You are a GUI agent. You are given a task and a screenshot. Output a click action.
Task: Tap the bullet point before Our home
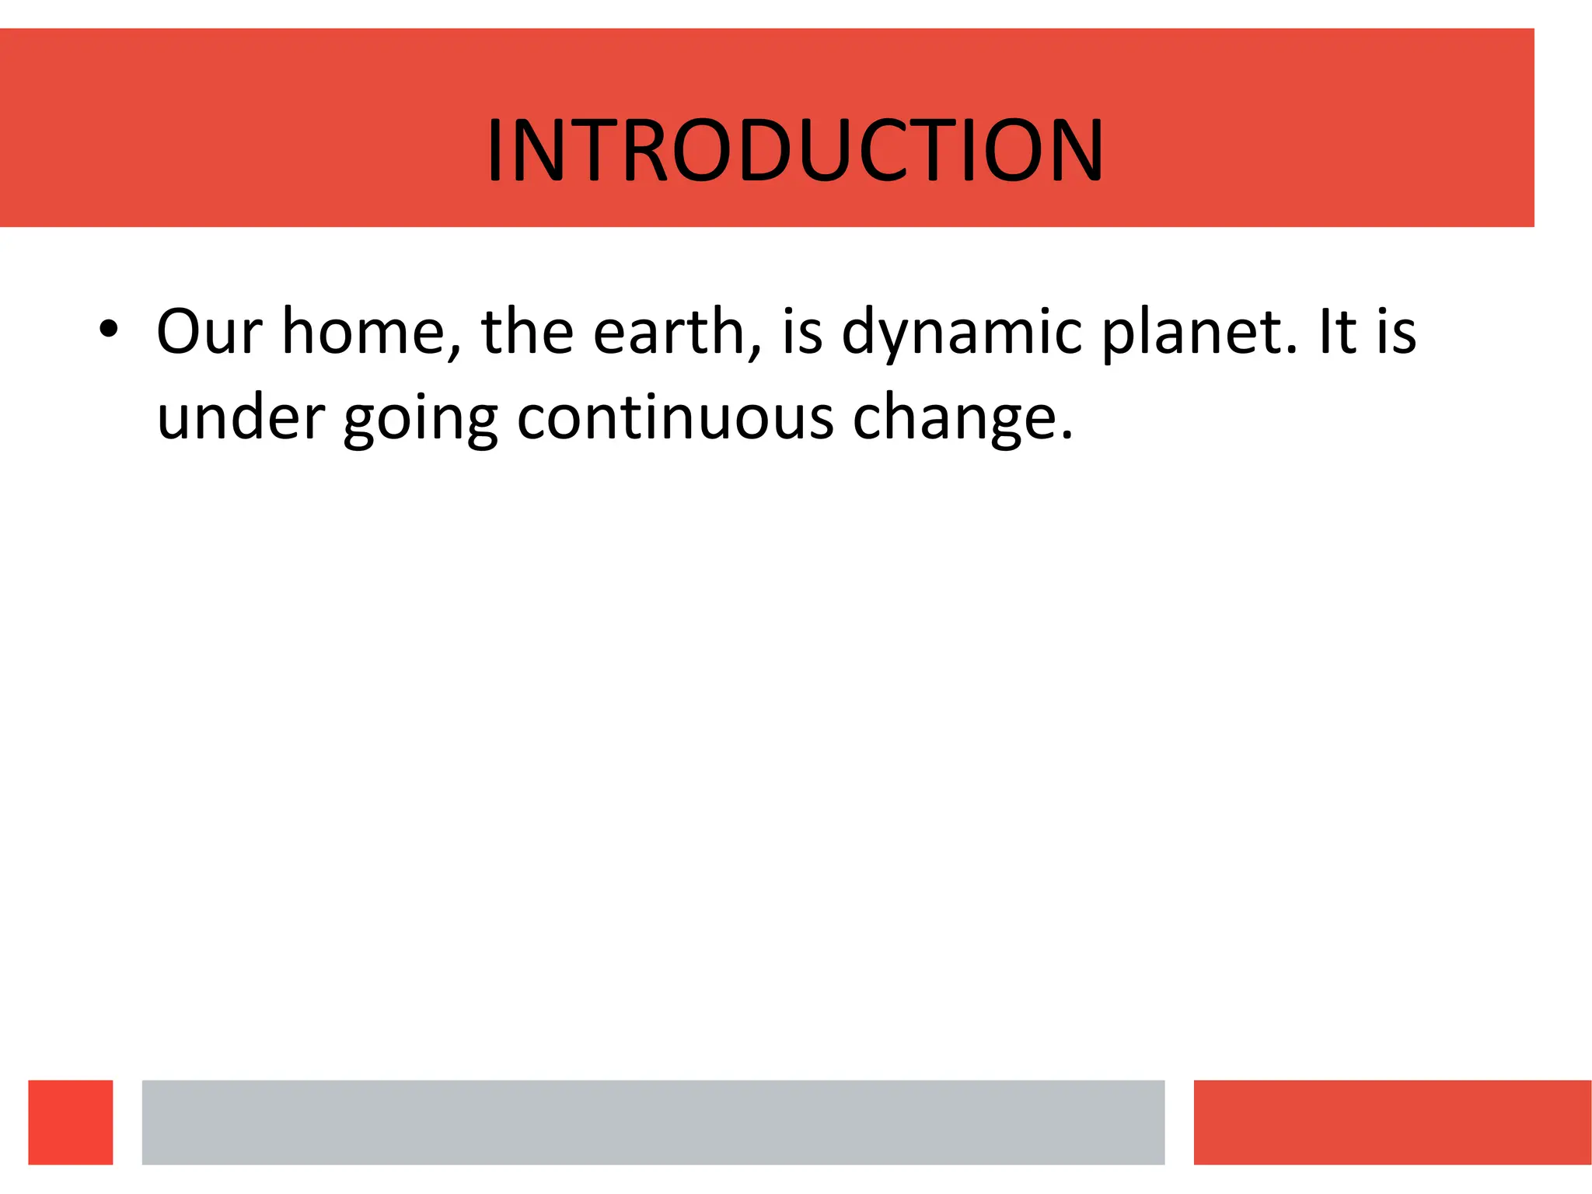click(109, 329)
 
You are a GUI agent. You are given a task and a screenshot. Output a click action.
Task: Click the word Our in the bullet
click(209, 332)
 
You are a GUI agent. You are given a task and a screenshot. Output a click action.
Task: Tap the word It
click(1337, 332)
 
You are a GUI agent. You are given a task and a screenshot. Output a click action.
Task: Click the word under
click(241, 417)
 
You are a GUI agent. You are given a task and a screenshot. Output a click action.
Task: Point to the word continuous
click(675, 417)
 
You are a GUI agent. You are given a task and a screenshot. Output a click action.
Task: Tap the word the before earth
click(527, 332)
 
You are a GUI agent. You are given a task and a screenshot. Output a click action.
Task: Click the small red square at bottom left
click(71, 1122)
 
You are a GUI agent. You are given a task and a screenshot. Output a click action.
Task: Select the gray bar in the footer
click(653, 1122)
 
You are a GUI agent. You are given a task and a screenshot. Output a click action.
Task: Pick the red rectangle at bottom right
click(1391, 1122)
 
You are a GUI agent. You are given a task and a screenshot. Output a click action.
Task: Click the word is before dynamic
click(802, 332)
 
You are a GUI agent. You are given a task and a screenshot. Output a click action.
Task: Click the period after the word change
click(1067, 436)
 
